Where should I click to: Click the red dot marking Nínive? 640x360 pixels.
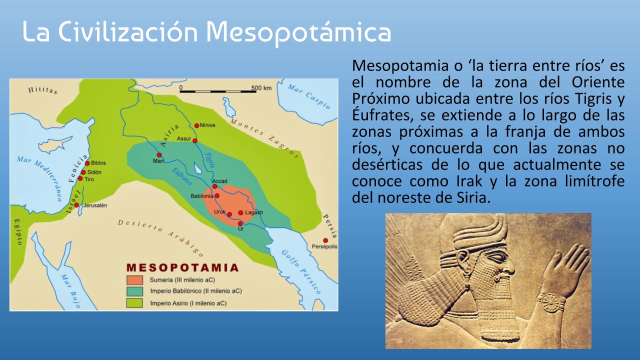[196, 125]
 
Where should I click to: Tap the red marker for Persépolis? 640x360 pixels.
[325, 240]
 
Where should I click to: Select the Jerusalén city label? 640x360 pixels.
[95, 205]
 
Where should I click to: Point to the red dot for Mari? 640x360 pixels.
[159, 155]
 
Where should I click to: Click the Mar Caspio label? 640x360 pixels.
[309, 96]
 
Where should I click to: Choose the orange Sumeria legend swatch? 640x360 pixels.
[134, 280]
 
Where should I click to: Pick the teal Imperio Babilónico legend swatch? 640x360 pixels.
[134, 291]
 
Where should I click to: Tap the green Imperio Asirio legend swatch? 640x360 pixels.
[134, 303]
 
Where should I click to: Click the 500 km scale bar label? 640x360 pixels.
[261, 88]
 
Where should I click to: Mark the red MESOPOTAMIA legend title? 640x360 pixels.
[182, 267]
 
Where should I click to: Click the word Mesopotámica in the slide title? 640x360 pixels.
[298, 33]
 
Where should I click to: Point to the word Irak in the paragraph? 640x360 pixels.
[469, 181]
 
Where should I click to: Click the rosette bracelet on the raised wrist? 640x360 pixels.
[550, 303]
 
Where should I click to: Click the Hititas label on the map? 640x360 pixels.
[43, 90]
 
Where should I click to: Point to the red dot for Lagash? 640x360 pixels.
[241, 213]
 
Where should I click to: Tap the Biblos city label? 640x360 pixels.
[98, 163]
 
